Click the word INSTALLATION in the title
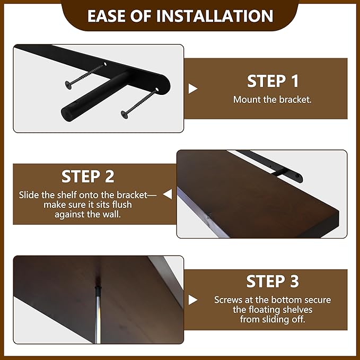coord(215,16)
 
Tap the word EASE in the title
coord(107,16)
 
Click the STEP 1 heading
coord(273,81)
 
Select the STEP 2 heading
coord(87,177)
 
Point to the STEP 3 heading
coord(273,281)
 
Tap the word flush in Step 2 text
coord(122,205)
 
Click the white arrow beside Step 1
coord(192,89)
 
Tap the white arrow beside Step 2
coord(168,194)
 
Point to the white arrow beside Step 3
coord(192,300)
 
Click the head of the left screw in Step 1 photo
coord(68,84)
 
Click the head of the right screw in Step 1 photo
coord(125,115)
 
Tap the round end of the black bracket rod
coord(67,113)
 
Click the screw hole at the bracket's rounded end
coord(157,89)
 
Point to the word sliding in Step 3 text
coord(283,319)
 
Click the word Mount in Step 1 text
coord(247,100)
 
